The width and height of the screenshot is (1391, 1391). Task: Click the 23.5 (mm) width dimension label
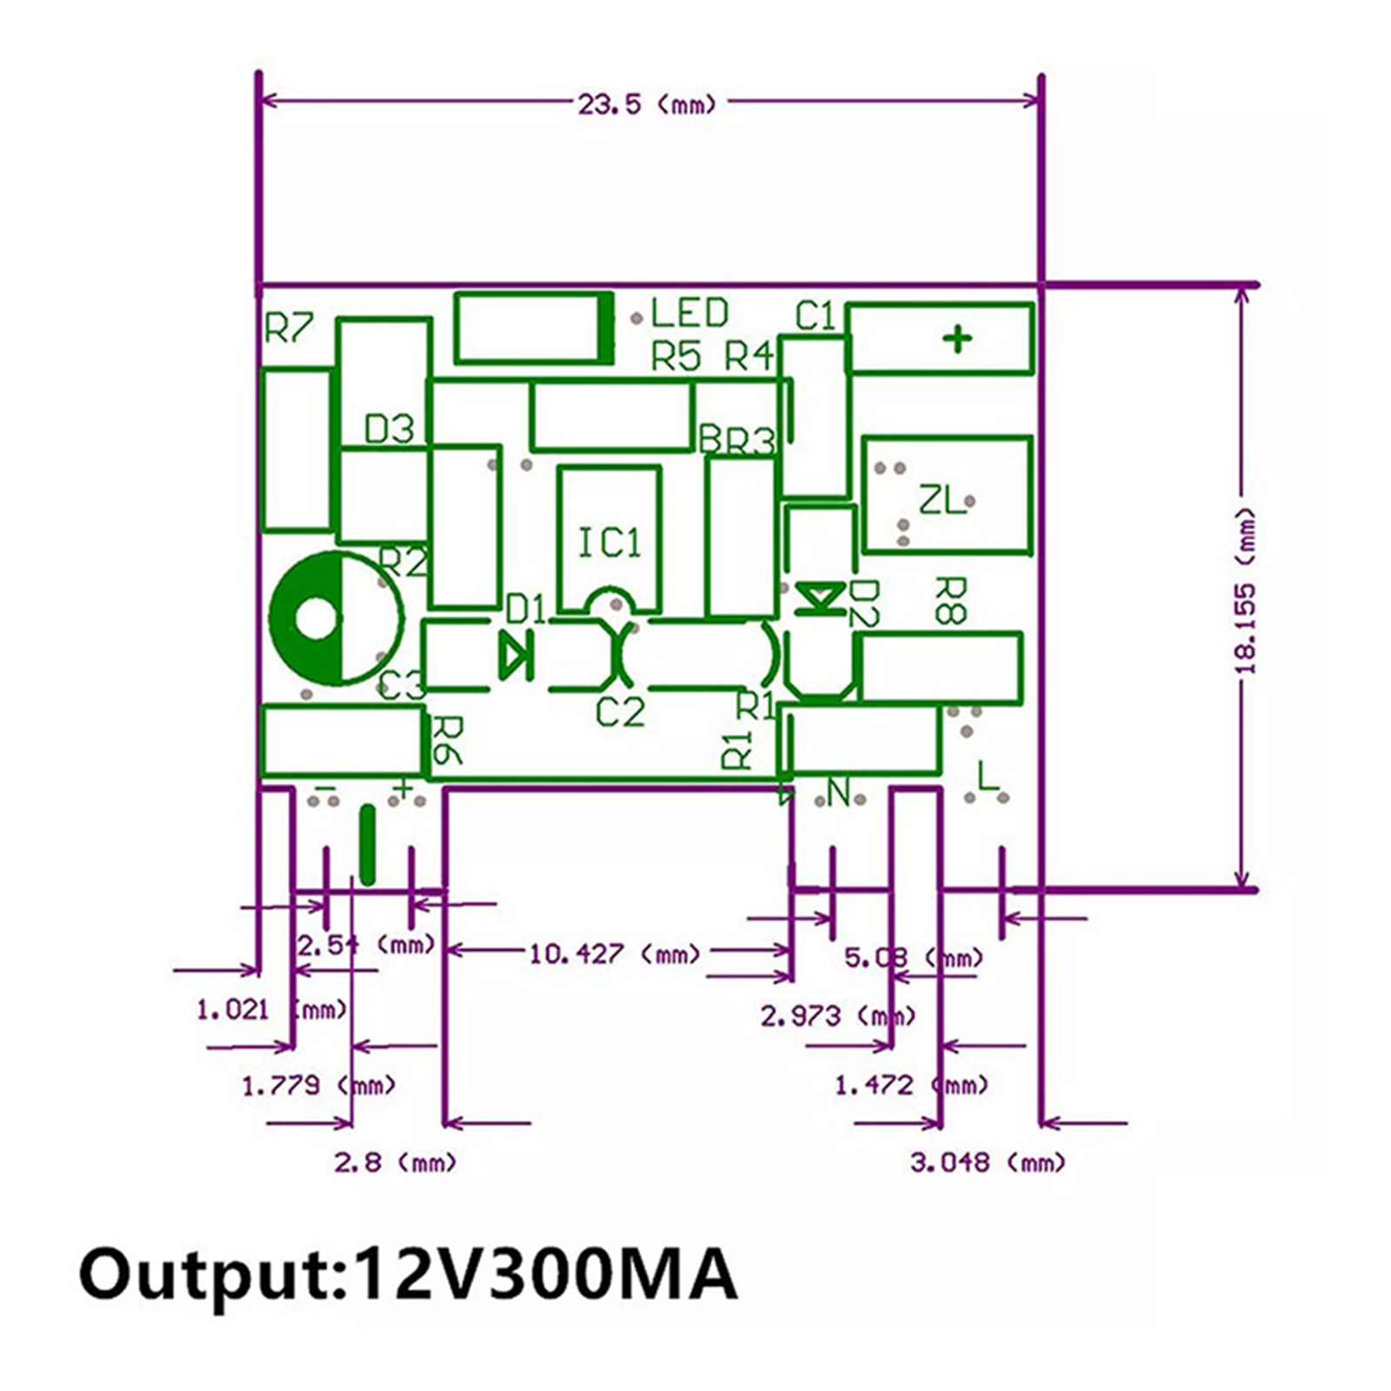pos(647,104)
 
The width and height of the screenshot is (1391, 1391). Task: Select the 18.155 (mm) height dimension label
pos(1245,591)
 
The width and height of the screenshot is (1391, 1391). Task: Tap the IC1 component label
pos(609,543)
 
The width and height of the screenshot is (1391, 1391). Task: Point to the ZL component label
pos(942,500)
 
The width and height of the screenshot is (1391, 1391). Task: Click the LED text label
pos(689,313)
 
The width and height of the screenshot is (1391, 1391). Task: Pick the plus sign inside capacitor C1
pos(958,339)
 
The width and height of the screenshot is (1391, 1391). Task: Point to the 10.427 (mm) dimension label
pos(614,954)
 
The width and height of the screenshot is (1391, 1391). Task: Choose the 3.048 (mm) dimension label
pos(988,1161)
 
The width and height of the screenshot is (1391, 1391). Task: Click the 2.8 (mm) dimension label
pos(395,1161)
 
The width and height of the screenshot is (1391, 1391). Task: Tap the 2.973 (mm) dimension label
pos(837,1015)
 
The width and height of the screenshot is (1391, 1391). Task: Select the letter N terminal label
pos(838,792)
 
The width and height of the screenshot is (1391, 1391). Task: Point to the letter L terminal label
pos(988,775)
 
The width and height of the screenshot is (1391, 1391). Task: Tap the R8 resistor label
pos(949,600)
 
